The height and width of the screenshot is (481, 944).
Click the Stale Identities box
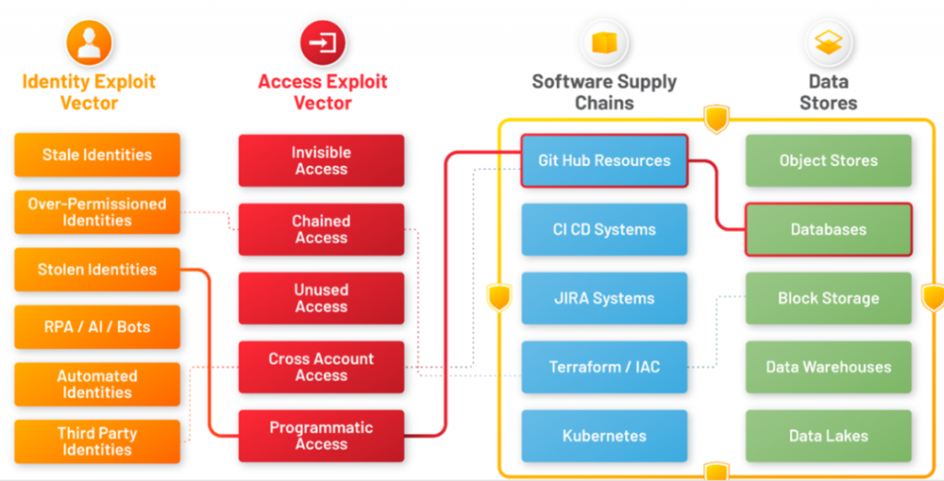[97, 155]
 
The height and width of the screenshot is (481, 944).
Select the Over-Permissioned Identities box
[97, 212]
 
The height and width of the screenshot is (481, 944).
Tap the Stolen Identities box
[97, 270]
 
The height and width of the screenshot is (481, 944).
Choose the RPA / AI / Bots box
[97, 327]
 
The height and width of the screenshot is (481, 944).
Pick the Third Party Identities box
[97, 442]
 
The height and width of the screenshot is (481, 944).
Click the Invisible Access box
[321, 161]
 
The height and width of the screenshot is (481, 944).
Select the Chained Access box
[321, 229]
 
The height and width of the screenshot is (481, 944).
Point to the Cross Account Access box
[321, 367]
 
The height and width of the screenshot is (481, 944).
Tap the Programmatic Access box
[321, 436]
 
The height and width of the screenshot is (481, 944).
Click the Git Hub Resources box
[604, 161]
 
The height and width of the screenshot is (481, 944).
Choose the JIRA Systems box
[604, 298]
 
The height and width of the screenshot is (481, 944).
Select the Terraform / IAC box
[604, 367]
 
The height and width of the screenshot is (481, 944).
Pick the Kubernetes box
[604, 436]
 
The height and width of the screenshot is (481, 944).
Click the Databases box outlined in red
[829, 229]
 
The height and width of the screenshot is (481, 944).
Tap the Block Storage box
[829, 298]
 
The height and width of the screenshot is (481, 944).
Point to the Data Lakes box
[829, 436]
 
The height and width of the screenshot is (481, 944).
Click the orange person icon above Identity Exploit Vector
[89, 43]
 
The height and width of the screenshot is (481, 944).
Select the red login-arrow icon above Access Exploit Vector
[322, 43]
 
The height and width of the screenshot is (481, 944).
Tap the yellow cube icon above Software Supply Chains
[605, 43]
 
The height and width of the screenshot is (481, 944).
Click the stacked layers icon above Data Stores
[829, 43]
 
